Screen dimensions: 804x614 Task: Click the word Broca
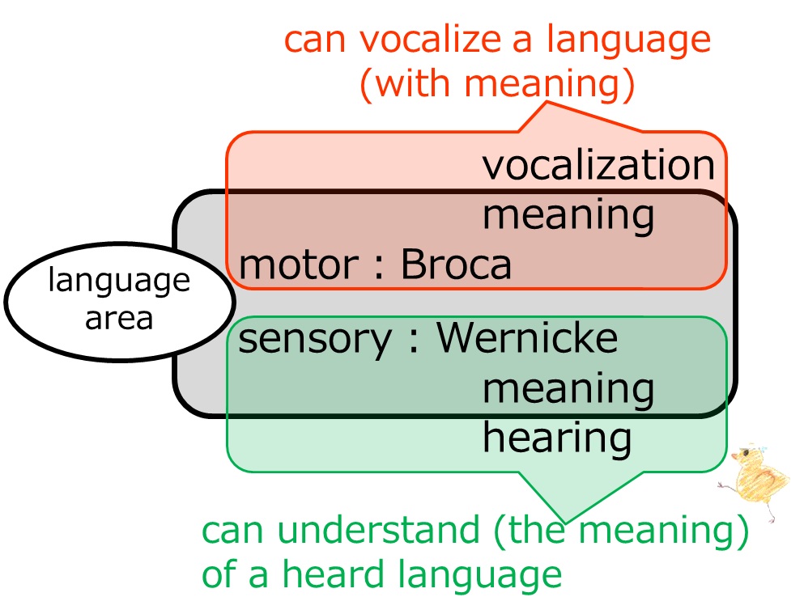[x=456, y=265]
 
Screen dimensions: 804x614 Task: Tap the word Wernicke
[x=528, y=337]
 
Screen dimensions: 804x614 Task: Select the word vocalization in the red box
[x=598, y=165]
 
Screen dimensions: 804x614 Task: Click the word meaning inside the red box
[x=568, y=216]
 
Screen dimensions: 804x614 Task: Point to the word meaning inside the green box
[x=568, y=390]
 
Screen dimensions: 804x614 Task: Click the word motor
[x=299, y=265]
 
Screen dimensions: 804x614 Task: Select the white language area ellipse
[x=120, y=302]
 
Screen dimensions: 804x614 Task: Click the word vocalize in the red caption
[x=430, y=40]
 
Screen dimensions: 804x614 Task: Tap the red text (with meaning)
[x=497, y=83]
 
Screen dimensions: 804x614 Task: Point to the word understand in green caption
[x=378, y=530]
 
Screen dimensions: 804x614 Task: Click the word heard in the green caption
[x=334, y=574]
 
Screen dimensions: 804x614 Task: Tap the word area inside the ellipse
[x=119, y=319]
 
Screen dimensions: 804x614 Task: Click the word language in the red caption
[x=628, y=41]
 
